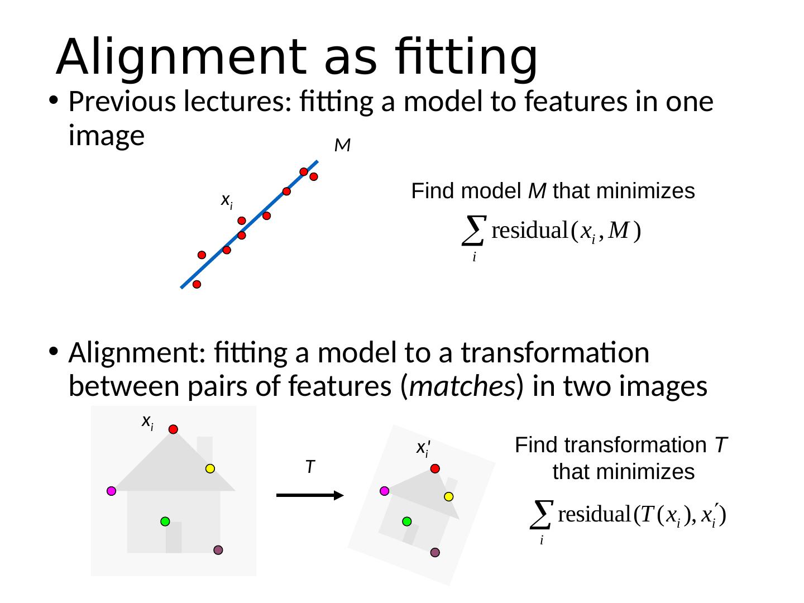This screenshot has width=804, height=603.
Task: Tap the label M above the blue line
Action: (x=342, y=146)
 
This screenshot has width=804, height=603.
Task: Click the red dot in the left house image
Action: (x=174, y=429)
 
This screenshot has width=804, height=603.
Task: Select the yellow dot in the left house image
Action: (x=210, y=469)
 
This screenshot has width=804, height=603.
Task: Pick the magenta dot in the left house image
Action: (x=112, y=491)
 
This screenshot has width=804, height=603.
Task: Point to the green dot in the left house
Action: (x=165, y=521)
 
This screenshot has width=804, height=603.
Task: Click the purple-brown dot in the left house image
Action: (x=218, y=550)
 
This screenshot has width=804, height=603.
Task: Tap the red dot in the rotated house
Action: (x=435, y=468)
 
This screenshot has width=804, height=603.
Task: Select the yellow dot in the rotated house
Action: (x=449, y=496)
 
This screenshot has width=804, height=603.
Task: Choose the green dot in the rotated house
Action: (x=407, y=521)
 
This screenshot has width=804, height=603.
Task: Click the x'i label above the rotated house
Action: (x=423, y=448)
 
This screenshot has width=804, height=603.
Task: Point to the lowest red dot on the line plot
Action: (x=197, y=284)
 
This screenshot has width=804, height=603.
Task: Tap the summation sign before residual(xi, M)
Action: (x=473, y=230)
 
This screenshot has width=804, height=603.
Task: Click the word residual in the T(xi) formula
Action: (x=595, y=514)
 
